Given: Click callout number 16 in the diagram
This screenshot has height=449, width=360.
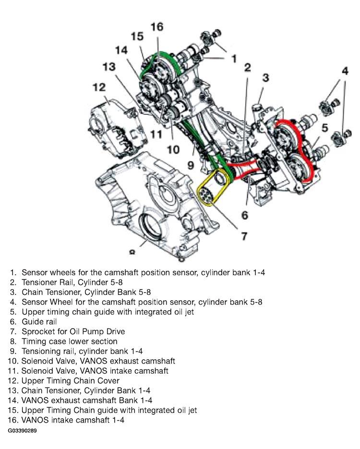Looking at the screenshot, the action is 157,27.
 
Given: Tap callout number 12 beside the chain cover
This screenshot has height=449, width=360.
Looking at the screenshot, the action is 99,87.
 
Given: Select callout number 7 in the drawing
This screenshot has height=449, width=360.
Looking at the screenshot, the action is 244,236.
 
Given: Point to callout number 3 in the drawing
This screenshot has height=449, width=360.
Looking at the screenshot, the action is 266,78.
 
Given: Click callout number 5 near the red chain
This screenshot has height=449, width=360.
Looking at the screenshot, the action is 324,128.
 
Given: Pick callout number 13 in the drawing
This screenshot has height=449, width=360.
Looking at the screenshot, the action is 109,67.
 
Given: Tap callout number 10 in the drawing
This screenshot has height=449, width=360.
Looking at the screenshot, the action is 173,149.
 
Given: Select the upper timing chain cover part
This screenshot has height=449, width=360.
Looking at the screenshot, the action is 118,128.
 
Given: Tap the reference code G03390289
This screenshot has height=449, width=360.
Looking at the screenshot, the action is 23,431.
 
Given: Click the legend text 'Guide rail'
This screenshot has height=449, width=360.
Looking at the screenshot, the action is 39,322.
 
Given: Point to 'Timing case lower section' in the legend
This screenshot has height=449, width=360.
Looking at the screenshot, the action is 70,341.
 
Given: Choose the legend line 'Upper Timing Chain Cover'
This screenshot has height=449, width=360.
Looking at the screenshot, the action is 71,380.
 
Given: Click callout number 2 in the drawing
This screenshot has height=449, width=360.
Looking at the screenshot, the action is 247,68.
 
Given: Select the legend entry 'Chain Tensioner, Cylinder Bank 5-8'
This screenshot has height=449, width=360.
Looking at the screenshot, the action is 86,292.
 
